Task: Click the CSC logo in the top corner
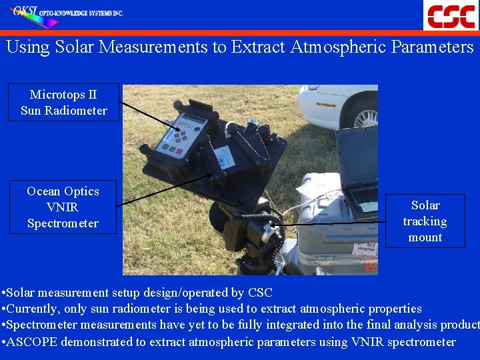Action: click(x=451, y=15)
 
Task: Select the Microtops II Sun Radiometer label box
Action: click(x=63, y=103)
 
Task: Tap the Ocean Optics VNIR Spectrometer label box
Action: click(x=63, y=207)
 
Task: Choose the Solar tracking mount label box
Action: click(x=425, y=221)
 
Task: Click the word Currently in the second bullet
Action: click(x=33, y=309)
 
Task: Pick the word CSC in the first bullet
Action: click(x=260, y=293)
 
